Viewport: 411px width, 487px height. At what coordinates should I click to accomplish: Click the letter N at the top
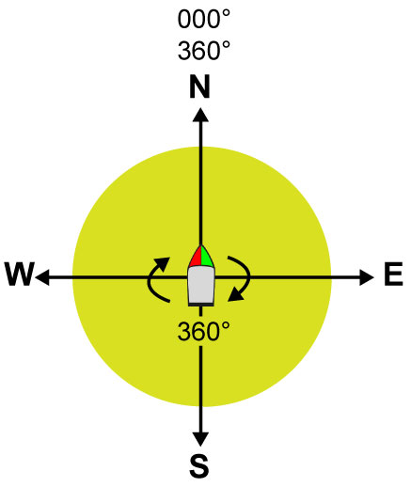click(199, 86)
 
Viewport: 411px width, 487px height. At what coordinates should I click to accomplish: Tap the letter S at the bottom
click(199, 465)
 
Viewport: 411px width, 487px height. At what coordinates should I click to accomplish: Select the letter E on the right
click(393, 275)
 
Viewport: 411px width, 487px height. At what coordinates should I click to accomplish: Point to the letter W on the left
click(20, 275)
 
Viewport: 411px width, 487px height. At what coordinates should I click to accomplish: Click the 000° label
click(204, 19)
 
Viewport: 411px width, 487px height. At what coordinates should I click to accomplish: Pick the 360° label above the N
click(204, 51)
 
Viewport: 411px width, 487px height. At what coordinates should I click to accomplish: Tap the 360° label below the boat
click(204, 331)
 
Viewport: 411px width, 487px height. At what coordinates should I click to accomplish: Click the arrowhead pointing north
click(200, 115)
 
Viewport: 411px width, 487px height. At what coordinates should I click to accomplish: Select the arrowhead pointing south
click(200, 439)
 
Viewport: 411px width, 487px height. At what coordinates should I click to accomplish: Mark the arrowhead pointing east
click(367, 277)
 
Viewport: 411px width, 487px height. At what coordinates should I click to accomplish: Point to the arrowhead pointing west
click(42, 277)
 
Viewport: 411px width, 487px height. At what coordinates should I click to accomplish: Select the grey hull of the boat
click(201, 285)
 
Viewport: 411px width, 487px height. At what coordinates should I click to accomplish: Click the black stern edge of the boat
click(201, 305)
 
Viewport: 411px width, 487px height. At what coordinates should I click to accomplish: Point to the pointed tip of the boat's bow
click(200, 245)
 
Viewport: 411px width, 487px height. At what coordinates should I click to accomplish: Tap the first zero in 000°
click(185, 19)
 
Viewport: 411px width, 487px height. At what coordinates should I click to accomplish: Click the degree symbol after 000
click(227, 14)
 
